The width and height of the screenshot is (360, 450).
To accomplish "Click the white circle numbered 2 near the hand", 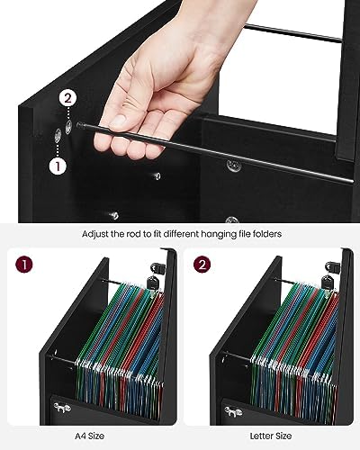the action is (67, 98).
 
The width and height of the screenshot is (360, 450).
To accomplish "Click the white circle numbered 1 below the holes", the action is (58, 166).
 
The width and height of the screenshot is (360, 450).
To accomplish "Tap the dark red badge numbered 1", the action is (23, 264).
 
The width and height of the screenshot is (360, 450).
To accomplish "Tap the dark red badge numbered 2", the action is (202, 264).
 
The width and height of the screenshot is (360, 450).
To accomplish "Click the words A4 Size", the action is (89, 436).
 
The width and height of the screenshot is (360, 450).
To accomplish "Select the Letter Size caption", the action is (271, 436).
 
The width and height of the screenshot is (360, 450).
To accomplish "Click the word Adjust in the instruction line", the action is (95, 234).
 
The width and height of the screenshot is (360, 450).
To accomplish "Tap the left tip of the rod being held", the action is (78, 125).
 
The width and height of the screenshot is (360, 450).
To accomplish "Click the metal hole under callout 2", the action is (68, 127).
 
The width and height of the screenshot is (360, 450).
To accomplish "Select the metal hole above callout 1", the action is (58, 136).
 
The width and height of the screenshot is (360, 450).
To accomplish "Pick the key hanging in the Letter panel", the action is (328, 283).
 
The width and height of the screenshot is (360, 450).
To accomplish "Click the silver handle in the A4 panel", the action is (62, 408).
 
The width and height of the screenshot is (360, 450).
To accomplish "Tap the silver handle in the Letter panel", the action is (233, 411).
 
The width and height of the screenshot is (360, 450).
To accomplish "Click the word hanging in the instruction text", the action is (220, 234).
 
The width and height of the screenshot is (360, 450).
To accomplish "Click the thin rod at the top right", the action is (292, 33).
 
